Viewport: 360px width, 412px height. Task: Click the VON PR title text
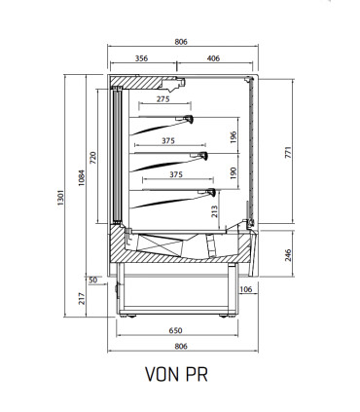(176, 374)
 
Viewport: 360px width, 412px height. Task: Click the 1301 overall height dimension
(61, 198)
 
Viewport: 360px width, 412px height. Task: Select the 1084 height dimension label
(82, 178)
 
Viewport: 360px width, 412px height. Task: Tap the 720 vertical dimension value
(93, 158)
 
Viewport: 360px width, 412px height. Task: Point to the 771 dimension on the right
(288, 153)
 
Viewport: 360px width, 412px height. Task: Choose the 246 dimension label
(288, 255)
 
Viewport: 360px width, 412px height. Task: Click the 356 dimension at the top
(141, 58)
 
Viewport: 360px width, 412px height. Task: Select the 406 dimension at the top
(213, 58)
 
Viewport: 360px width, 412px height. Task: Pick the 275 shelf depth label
(163, 99)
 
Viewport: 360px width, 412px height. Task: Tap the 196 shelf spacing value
(234, 137)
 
